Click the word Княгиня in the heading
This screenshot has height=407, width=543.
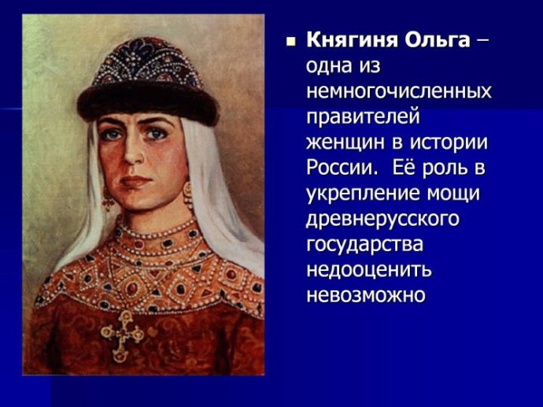(353, 41)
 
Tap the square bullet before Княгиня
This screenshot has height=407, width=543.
(290, 43)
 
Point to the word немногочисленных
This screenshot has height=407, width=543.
(399, 91)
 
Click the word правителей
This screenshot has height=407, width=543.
(363, 117)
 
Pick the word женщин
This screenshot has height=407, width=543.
(345, 142)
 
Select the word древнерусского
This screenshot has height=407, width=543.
(382, 220)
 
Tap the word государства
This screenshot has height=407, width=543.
(364, 245)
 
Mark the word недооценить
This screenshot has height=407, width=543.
(369, 270)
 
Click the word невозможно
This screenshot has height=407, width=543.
(365, 295)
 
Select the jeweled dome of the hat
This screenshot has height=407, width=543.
(147, 62)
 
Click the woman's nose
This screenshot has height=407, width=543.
(133, 153)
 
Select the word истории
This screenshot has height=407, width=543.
(449, 142)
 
